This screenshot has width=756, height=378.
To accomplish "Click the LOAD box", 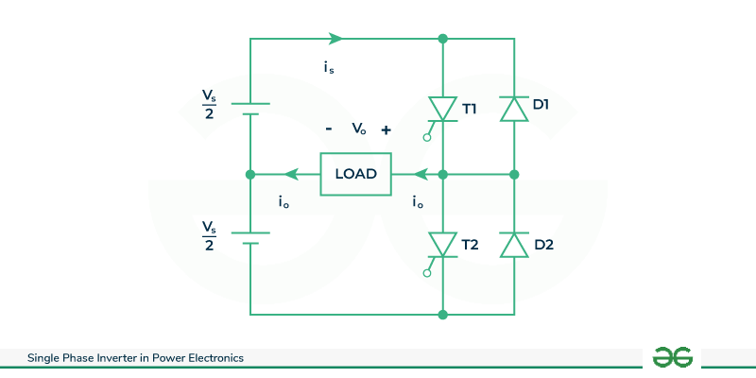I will pos(355,174).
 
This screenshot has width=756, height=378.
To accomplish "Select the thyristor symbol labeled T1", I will pos(442,109).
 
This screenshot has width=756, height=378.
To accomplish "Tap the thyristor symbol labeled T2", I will pos(442,244).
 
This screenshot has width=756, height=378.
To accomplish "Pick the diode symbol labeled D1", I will pos(514,109).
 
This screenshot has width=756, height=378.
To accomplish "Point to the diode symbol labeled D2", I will pos(514,245).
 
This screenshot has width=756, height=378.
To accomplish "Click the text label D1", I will pos(541,104).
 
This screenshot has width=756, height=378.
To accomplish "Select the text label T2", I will pos(471,245).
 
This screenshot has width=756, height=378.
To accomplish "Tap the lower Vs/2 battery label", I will pos(209,236).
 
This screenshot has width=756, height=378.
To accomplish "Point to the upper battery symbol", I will pos(250,110).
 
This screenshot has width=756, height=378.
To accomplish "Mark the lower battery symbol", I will pos(250,238).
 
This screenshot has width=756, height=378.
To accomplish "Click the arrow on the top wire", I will pos(335,39).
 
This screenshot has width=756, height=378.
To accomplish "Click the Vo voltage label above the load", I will pos(358,129).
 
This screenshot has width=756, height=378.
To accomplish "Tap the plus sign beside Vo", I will pos(386,129).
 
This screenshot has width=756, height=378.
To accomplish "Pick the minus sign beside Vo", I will pos(328,129).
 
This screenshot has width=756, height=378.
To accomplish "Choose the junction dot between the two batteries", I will pos(250,174).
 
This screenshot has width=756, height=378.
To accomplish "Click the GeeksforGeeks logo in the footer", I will pos(673,357).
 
